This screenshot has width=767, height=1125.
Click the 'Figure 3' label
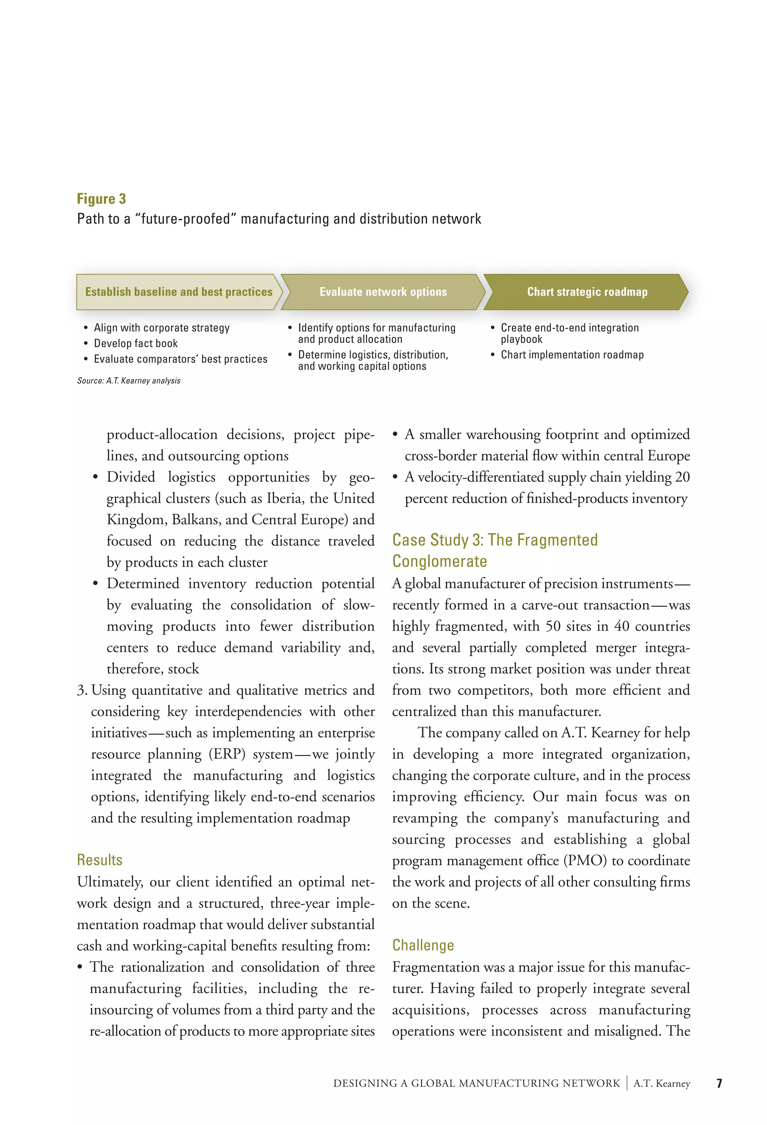point(101,199)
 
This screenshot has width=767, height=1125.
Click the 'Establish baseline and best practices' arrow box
point(179,292)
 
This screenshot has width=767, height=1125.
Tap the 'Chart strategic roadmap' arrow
point(587,292)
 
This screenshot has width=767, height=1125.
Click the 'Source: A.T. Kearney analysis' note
point(129,380)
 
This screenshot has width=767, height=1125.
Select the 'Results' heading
point(100,860)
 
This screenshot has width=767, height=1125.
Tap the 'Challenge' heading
point(423,945)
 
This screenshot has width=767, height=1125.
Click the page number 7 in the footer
point(719,1083)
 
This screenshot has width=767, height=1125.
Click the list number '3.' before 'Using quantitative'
point(82,690)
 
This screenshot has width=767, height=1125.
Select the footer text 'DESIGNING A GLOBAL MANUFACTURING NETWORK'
point(476,1083)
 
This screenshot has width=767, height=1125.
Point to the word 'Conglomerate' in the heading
point(440,561)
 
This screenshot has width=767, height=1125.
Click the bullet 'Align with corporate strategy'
point(162,328)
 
